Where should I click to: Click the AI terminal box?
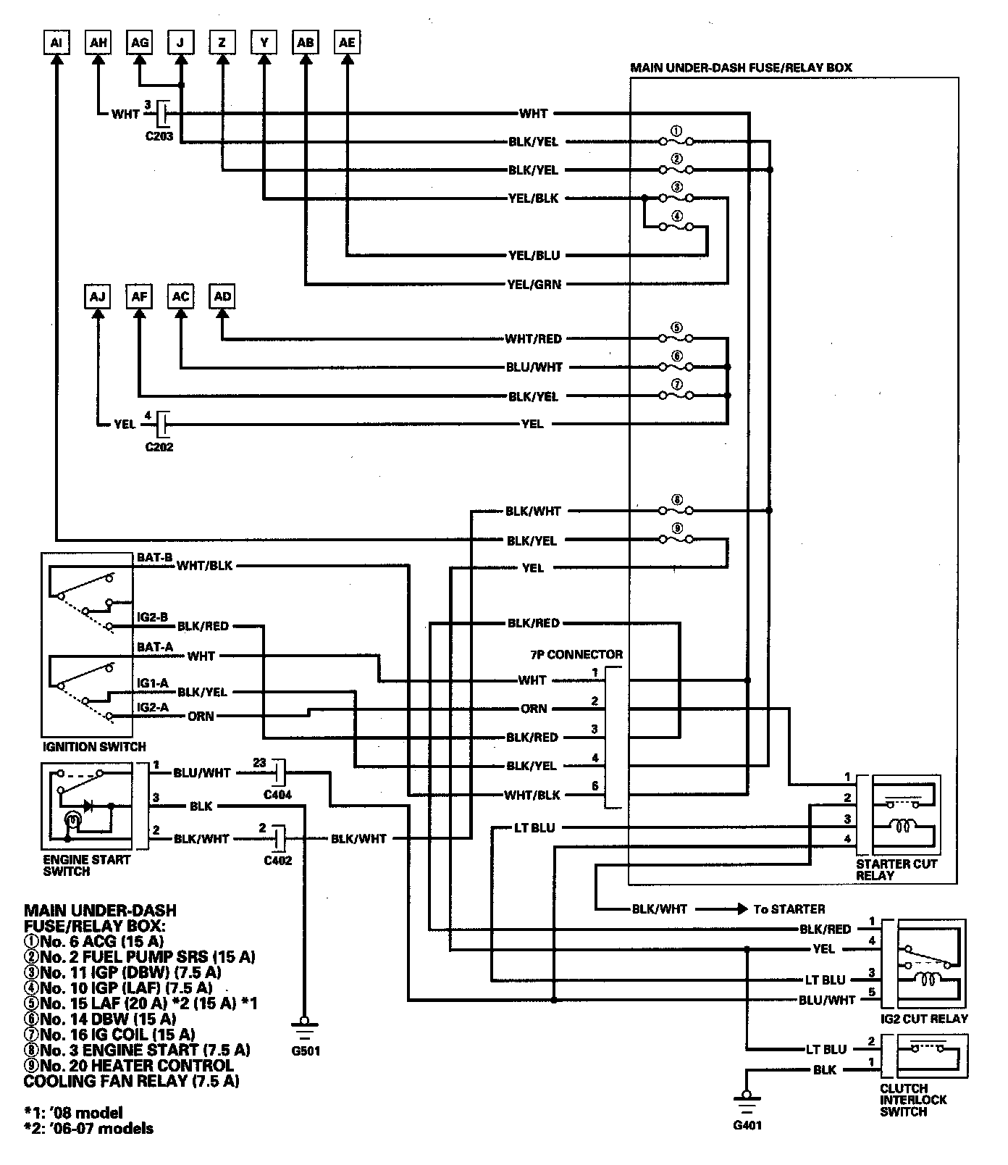pyautogui.click(x=56, y=43)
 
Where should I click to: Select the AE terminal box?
pyautogui.click(x=348, y=43)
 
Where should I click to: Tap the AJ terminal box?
pyautogui.click(x=98, y=297)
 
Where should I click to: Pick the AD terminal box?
pyautogui.click(x=222, y=297)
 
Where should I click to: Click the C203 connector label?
pyautogui.click(x=159, y=135)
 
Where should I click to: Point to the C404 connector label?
pyautogui.click(x=278, y=795)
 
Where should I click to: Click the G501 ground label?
pyautogui.click(x=304, y=1051)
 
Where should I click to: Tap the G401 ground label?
pyautogui.click(x=747, y=1125)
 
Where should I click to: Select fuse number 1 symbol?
pyautogui.click(x=676, y=141)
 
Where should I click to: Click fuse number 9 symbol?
pyautogui.click(x=676, y=539)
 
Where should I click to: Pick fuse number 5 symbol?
pyautogui.click(x=676, y=338)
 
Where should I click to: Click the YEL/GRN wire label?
pyautogui.click(x=534, y=285)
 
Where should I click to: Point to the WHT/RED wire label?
pyautogui.click(x=534, y=339)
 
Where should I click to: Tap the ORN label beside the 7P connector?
pyautogui.click(x=534, y=709)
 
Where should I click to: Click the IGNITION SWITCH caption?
pyautogui.click(x=94, y=746)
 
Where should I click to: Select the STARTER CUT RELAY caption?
pyautogui.click(x=896, y=869)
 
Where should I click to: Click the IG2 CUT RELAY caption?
pyautogui.click(x=924, y=1019)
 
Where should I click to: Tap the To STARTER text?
pyautogui.click(x=789, y=909)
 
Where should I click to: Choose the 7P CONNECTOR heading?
pyautogui.click(x=576, y=655)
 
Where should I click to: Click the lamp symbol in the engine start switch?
pyautogui.click(x=72, y=822)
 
